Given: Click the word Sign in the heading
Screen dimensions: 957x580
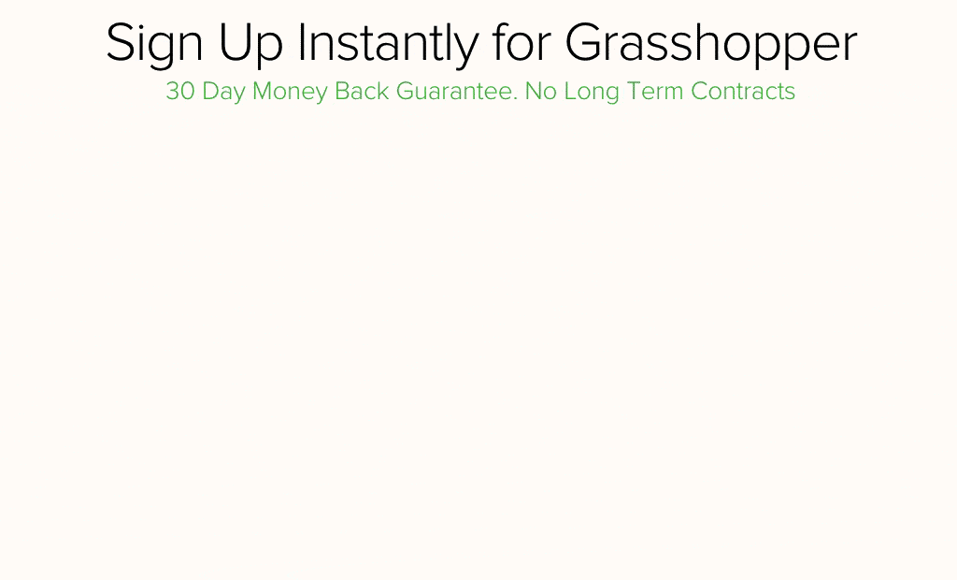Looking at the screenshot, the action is point(154,44).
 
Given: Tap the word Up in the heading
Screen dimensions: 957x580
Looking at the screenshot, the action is point(250,44).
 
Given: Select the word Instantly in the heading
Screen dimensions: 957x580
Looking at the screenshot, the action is point(388,44).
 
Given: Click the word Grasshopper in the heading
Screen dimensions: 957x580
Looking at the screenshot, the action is point(711,44).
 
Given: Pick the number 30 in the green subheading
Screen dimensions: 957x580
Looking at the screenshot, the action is point(180,91).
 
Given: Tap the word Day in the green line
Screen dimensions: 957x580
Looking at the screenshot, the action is point(223,93).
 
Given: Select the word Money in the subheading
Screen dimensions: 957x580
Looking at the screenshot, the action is point(290,93).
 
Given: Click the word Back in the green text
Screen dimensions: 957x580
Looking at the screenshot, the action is point(362,91).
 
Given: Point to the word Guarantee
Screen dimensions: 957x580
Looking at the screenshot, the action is point(455,91).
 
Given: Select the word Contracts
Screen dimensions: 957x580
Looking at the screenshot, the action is point(743,91).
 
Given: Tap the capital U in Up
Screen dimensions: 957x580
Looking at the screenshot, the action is point(235,43).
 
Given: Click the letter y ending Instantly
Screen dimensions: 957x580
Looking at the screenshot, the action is point(466,51).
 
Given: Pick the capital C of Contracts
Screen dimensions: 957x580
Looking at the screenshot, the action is point(701,91).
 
